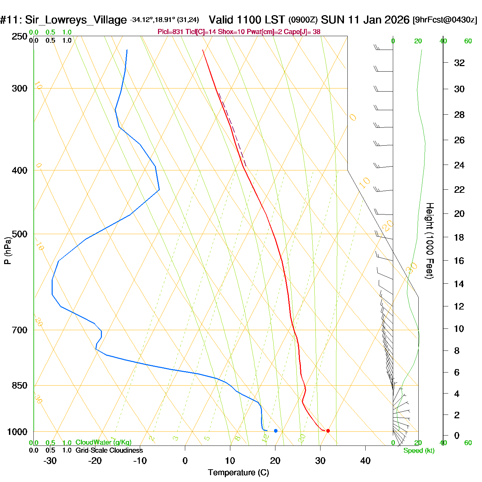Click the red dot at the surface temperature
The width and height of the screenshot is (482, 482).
pos(328,431)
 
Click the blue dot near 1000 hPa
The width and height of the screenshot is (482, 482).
pos(276,431)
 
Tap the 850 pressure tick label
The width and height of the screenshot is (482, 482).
pos(20,386)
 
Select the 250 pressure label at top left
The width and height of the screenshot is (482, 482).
pos(20,36)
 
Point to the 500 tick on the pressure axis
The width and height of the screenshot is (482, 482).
pos(20,234)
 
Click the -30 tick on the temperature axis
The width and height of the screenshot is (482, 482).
pos(50,461)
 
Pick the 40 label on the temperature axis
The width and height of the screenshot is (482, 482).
pos(365,461)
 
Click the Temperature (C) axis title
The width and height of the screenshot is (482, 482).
pos(238,473)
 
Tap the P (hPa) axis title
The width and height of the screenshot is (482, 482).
pos(8,250)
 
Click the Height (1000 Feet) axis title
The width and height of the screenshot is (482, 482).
pos(430,241)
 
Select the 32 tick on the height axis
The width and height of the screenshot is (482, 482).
pos(459,63)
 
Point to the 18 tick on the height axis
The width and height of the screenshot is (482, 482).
pos(459,237)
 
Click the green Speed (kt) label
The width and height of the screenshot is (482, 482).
pos(419,451)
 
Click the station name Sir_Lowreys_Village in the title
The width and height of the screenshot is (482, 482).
pos(75,20)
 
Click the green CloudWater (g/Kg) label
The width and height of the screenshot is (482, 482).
pos(103,442)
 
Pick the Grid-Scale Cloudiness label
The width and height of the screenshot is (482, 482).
pos(109,450)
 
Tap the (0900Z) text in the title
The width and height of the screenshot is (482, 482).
pos(303,20)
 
